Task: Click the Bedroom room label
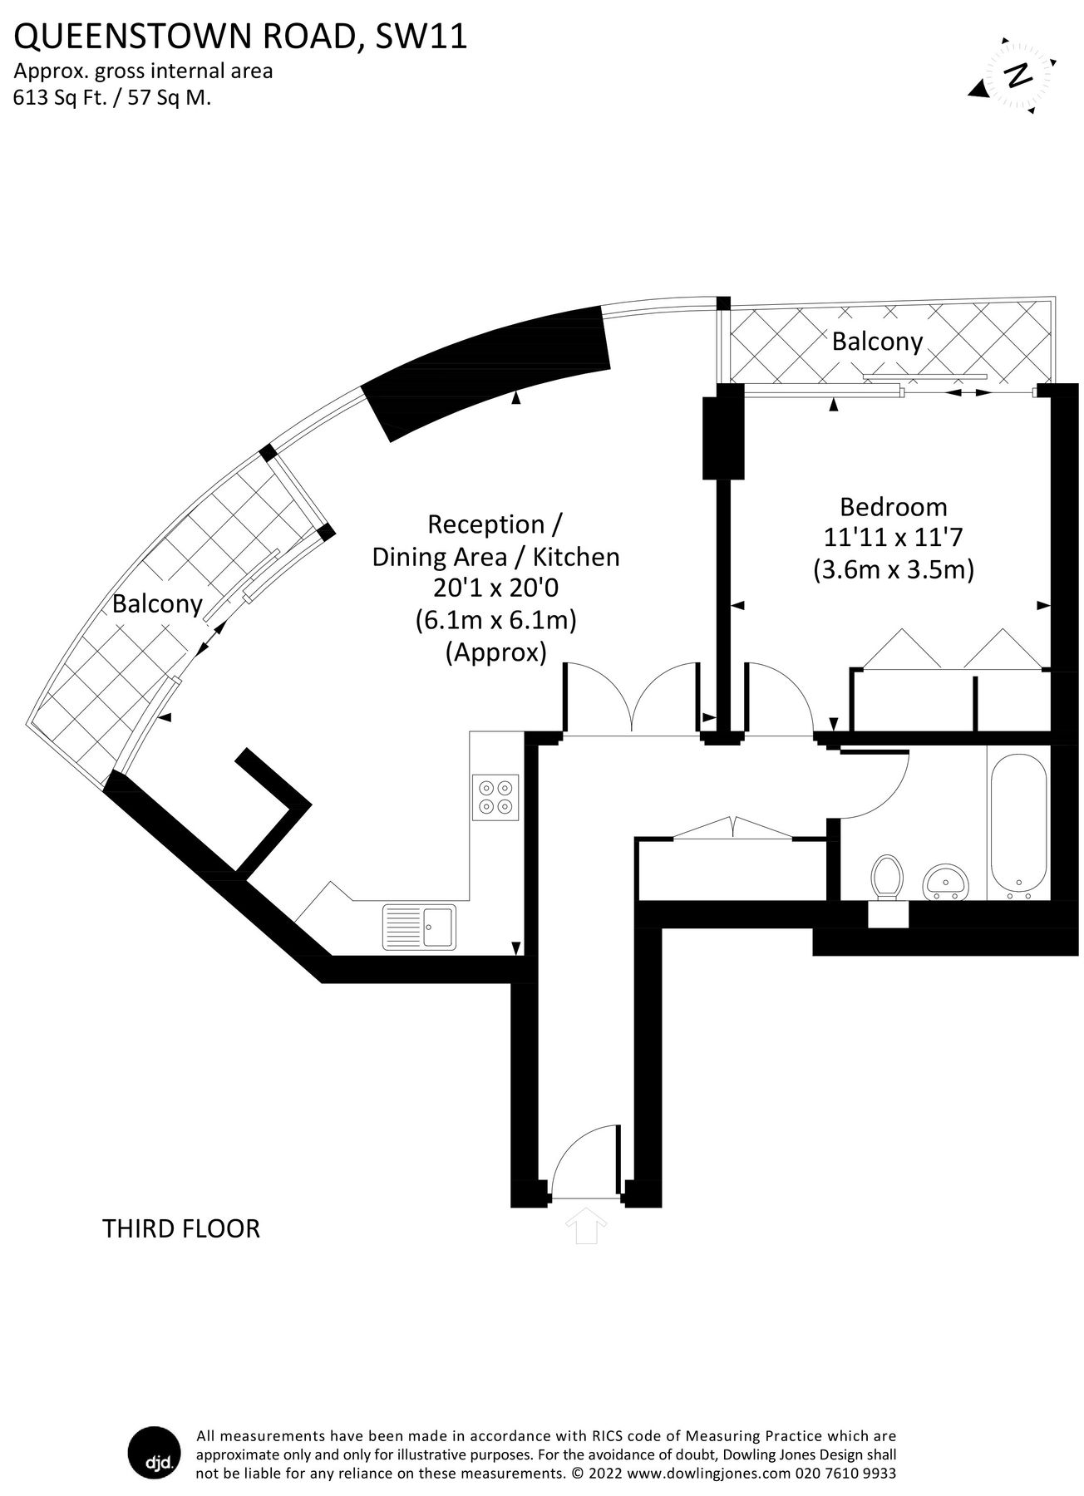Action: pos(893,506)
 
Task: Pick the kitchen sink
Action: pos(419,926)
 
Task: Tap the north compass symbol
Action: pos(1014,76)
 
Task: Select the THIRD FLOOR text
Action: pos(180,1228)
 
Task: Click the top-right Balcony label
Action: pos(877,342)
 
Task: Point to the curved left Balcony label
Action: pos(157,603)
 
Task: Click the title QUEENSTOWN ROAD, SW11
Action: pos(240,37)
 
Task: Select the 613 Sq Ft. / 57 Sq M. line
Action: pos(112,97)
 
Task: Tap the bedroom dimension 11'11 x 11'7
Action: pos(892,538)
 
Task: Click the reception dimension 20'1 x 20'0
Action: pos(495,588)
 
